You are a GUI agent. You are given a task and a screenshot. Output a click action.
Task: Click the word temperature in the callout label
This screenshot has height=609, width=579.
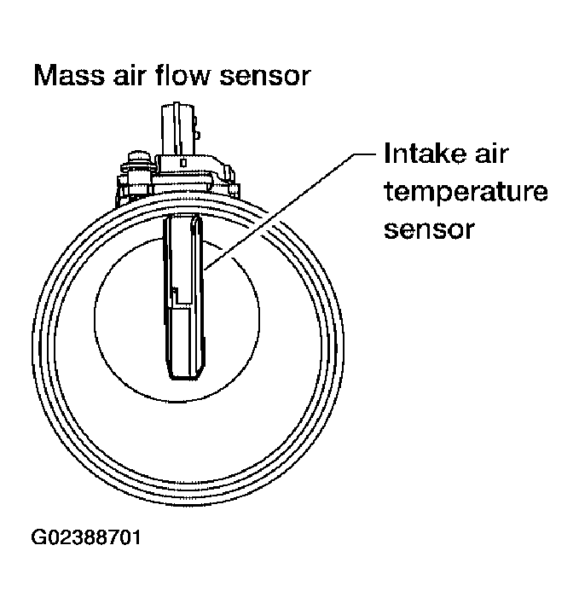pos(466,194)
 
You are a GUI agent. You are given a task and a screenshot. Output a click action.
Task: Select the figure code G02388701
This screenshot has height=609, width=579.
pos(88,539)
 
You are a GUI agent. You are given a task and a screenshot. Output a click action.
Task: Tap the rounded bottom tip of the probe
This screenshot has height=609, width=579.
pos(185,374)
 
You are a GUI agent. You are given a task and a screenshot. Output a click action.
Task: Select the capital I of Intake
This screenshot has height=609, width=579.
pos(389,156)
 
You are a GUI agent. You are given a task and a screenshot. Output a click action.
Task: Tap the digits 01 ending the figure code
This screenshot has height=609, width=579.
pos(130,539)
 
